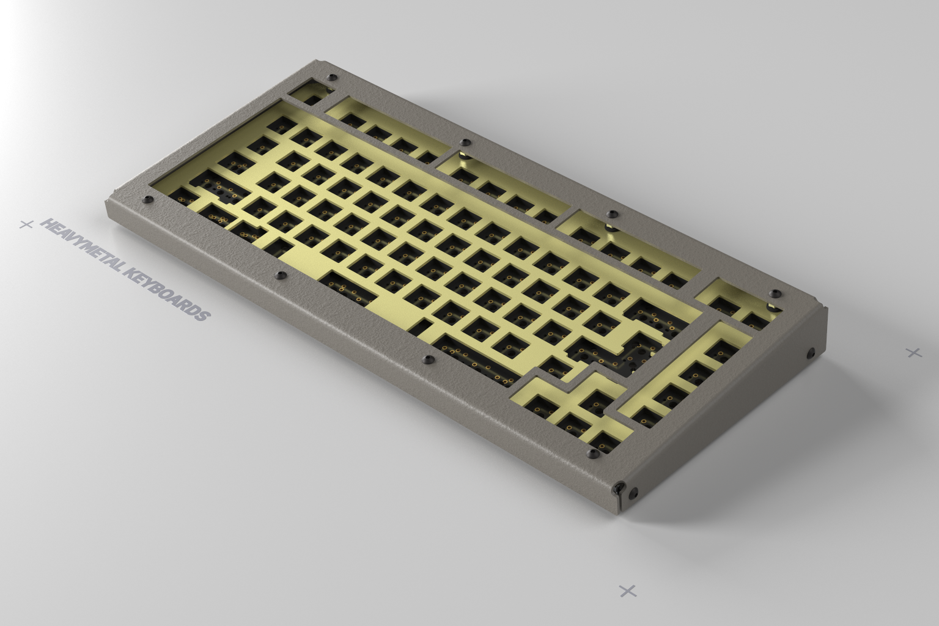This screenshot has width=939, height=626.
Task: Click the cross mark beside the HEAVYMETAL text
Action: click(x=26, y=224)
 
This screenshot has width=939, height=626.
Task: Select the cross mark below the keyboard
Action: click(x=628, y=591)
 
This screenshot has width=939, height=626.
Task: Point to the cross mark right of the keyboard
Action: click(x=914, y=352)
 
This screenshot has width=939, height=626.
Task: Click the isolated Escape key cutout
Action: click(x=312, y=100)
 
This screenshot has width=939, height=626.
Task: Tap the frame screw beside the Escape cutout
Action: click(x=333, y=78)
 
